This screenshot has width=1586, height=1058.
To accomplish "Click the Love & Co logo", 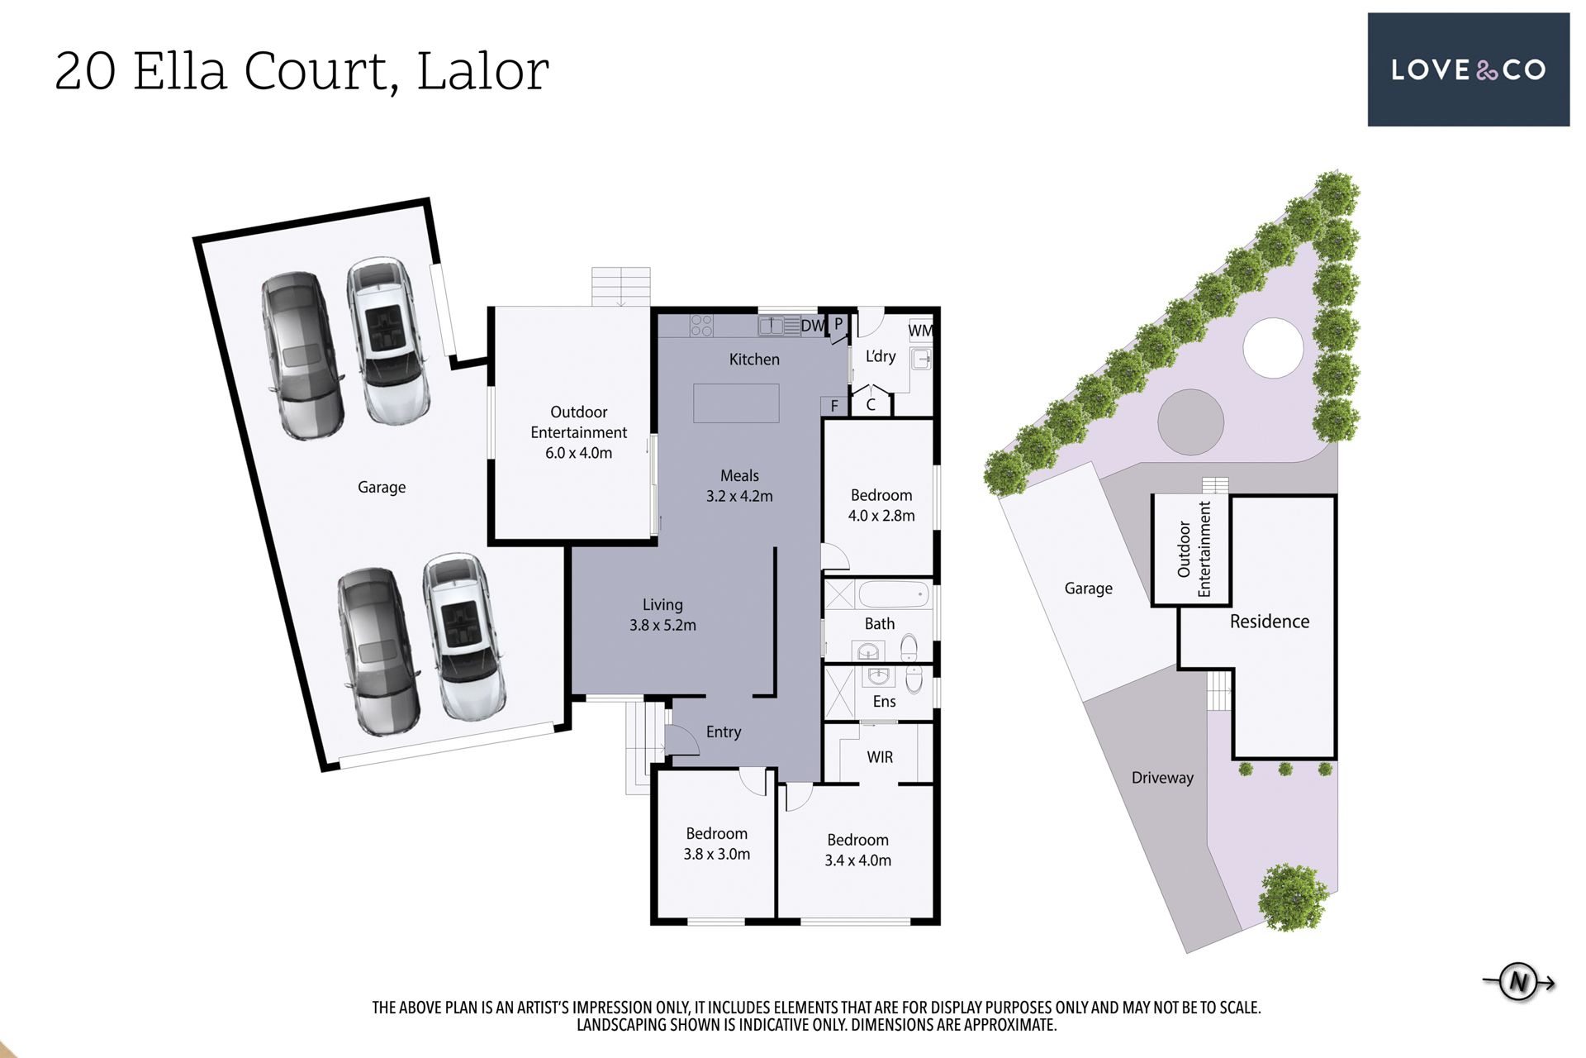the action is [1468, 69].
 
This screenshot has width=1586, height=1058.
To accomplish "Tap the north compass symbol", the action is [1518, 982].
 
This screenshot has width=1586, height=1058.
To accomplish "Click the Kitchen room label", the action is [754, 360].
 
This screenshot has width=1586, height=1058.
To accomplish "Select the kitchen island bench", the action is [736, 403].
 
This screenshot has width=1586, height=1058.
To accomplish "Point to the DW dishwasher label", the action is [813, 326].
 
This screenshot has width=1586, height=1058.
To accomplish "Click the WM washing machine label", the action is [920, 331].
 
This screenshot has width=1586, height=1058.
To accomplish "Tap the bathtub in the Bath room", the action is [895, 594].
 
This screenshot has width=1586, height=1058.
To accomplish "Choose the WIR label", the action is [880, 757].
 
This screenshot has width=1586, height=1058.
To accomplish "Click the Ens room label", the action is [884, 702].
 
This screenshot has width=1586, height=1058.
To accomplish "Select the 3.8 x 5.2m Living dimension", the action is [662, 626].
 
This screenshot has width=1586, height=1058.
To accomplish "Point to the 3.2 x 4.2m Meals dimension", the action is [739, 497].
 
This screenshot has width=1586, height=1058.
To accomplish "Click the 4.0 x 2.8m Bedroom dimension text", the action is [881, 516].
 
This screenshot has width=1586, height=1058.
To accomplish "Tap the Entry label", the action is [724, 732].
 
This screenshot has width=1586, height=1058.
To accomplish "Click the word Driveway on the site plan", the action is [1162, 778].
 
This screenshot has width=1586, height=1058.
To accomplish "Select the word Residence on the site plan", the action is [1270, 622].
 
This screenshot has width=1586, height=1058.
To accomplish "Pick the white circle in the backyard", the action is [1273, 348].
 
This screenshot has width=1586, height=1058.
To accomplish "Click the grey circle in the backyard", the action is [1190, 422].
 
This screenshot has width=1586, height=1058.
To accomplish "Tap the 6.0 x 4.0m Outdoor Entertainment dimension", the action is [578, 453].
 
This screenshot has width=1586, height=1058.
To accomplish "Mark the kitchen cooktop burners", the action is [701, 325].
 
